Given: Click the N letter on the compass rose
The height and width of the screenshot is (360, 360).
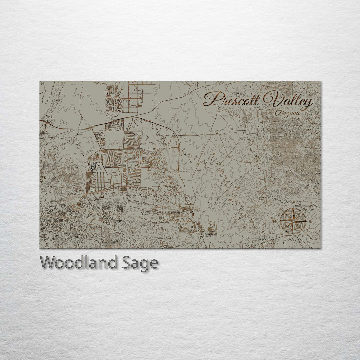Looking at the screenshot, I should point(293,203).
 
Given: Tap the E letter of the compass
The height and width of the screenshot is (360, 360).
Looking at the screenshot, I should point(311,221).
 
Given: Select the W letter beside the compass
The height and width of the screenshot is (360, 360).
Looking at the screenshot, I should point(275,221).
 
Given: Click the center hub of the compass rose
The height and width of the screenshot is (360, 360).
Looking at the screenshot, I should point(293,221).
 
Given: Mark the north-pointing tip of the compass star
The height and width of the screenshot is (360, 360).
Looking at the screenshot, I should point(293,207).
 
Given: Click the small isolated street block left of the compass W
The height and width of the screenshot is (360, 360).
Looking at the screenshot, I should point(212,228).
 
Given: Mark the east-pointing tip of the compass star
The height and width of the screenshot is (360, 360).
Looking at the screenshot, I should point(306,221).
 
